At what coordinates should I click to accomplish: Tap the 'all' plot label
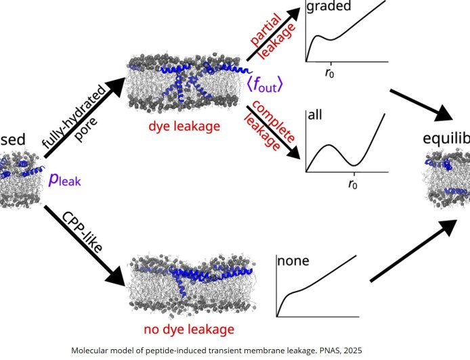(x=315, y=115)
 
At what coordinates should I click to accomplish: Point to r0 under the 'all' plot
(x=353, y=183)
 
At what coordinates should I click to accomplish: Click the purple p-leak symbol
(x=65, y=179)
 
